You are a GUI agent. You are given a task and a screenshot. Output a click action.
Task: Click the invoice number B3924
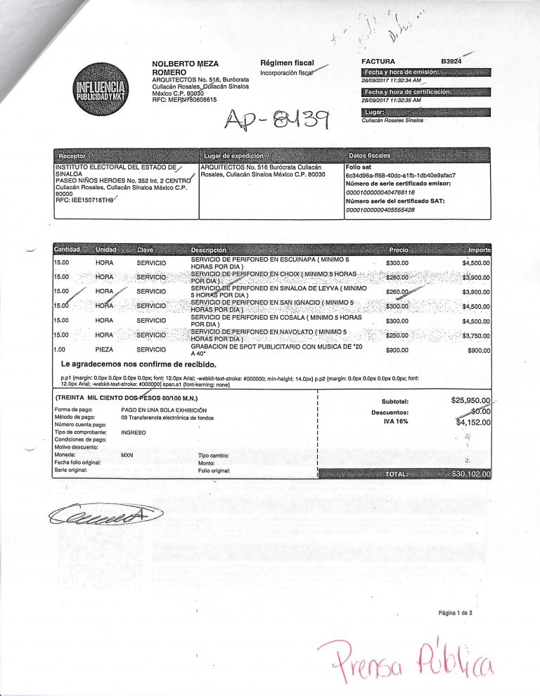tap(451, 62)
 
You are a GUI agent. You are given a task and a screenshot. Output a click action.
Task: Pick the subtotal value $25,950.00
tap(470, 401)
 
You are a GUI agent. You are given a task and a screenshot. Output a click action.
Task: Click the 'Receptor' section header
tap(73, 155)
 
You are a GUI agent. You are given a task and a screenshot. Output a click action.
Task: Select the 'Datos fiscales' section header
tap(369, 155)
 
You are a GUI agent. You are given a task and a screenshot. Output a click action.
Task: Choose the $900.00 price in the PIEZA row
tap(397, 349)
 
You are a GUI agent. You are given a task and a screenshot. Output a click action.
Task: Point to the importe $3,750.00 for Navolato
tap(475, 335)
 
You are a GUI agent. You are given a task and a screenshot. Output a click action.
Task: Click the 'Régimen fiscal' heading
tap(287, 63)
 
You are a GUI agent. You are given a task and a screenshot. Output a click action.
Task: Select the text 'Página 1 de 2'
tap(456, 612)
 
